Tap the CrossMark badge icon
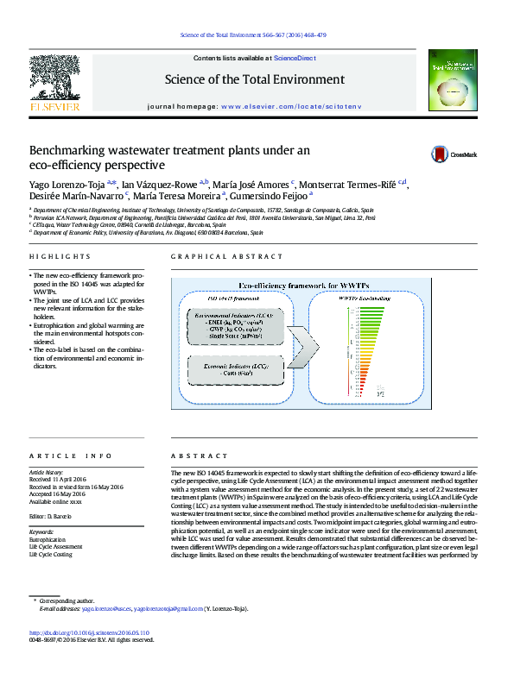(441, 154)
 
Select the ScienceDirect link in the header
(295, 59)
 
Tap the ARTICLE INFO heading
(71, 456)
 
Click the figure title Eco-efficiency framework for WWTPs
(296, 285)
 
